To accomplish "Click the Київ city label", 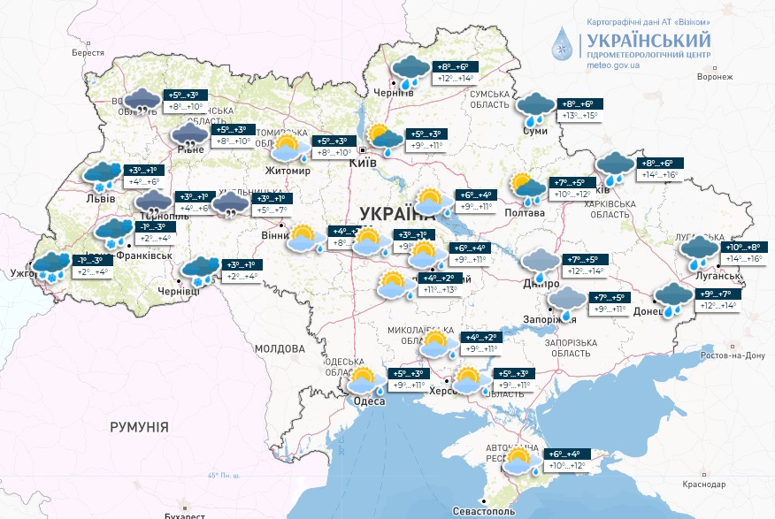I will [364, 164].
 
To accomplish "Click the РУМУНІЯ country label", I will [139, 427].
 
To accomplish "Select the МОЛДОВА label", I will [280, 349].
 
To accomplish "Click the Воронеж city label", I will [715, 77].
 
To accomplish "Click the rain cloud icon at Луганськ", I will [699, 251].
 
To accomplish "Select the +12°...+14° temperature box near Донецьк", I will [718, 306].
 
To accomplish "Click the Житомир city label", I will [288, 171].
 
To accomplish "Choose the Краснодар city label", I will [704, 485].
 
